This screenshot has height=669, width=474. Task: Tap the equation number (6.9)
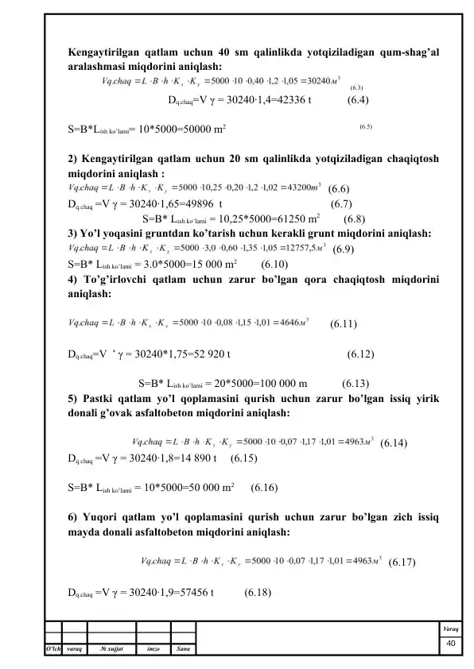click(x=344, y=249)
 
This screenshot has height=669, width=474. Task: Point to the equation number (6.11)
click(x=343, y=323)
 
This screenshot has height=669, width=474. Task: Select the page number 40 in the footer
click(x=450, y=642)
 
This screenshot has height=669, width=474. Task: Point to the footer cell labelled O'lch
click(x=55, y=654)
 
